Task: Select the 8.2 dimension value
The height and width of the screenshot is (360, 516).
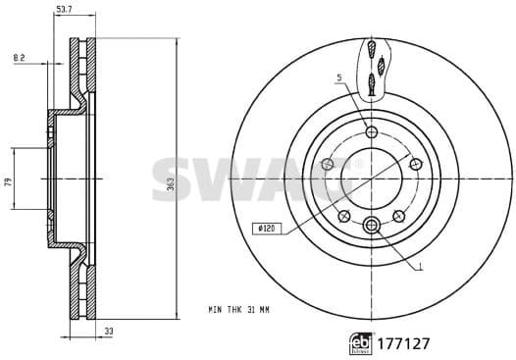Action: point(19,59)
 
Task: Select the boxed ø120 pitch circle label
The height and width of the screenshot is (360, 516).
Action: point(266,228)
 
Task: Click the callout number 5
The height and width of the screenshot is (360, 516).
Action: point(337,77)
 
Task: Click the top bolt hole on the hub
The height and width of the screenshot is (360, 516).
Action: point(371,132)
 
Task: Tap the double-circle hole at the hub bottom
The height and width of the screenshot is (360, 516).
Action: point(371,227)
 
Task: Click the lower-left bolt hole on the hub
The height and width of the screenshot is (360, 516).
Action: point(343,216)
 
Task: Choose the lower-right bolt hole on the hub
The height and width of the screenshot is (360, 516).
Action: point(398,216)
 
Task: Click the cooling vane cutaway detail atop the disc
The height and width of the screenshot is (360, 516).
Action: point(372,68)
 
